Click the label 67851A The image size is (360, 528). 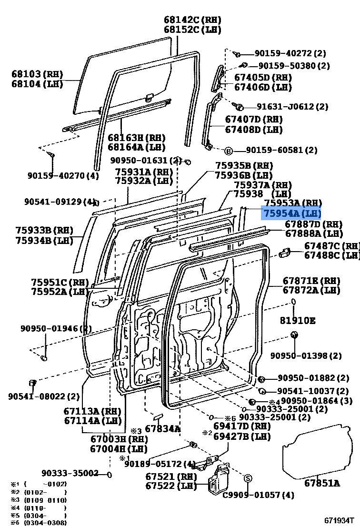(322, 483)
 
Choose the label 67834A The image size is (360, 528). (163, 428)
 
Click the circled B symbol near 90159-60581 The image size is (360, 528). (229, 151)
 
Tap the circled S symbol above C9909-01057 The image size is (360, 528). (248, 477)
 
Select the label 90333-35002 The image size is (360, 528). (70, 473)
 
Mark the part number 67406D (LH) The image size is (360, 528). (262, 87)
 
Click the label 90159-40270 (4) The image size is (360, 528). (62, 176)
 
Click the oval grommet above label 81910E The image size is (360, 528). (294, 302)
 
